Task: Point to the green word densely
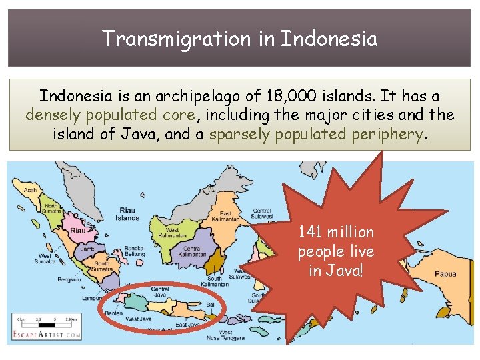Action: coord(51,115)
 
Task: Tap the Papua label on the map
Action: coord(445,273)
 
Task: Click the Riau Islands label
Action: coord(127,214)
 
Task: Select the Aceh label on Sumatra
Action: coord(31,189)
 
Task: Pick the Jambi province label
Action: coord(88,248)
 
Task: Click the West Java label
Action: coord(139,319)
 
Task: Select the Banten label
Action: coord(113,313)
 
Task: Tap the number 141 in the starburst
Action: coord(309,232)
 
